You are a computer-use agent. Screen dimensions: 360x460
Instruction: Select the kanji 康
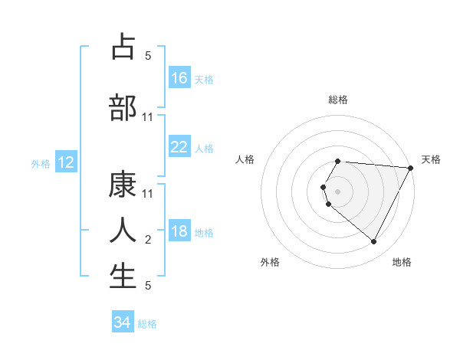coord(123,184)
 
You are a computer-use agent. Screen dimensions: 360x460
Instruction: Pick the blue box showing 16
coord(179,77)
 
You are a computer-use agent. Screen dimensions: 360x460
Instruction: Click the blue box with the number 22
coord(179,148)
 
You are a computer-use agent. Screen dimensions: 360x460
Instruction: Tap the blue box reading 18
coord(179,232)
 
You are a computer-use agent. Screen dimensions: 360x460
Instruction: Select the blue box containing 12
coord(65,162)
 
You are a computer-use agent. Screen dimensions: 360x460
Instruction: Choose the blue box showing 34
coord(122,323)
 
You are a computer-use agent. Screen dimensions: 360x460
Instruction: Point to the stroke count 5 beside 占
coord(148,55)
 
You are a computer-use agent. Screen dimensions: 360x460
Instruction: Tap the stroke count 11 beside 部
coord(148,116)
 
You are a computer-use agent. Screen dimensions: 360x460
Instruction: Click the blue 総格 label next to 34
coord(147,324)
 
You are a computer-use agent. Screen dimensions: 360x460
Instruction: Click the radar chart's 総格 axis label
coord(338,100)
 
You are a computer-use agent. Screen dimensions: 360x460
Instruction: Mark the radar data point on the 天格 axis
coord(411,167)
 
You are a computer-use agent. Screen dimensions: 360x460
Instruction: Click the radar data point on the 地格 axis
coord(374,241)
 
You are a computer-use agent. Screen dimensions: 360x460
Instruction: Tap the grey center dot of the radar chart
coord(338,191)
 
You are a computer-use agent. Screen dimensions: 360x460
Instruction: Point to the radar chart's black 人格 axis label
coord(245,159)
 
